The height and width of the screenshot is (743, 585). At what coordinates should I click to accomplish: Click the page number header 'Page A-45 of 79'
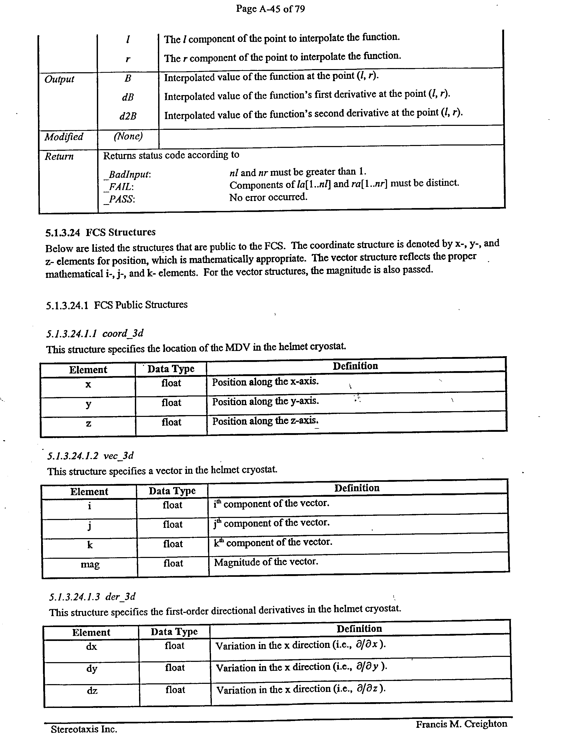(x=270, y=9)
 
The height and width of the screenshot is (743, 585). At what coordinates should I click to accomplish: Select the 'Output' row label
(x=59, y=79)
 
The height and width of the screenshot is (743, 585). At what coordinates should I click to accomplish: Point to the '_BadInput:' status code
(x=128, y=175)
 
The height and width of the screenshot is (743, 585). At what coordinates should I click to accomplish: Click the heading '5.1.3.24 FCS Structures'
(x=100, y=232)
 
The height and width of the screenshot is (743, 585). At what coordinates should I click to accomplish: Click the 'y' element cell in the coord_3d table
(x=88, y=404)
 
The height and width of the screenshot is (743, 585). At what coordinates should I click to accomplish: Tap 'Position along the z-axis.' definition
(x=266, y=421)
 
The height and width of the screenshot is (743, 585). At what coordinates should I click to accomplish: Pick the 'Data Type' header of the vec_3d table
(x=172, y=491)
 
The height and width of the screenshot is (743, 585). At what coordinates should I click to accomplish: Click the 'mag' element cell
(x=90, y=564)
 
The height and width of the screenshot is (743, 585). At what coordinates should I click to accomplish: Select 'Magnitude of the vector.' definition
(x=266, y=562)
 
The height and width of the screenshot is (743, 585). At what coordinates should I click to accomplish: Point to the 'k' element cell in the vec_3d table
(x=90, y=545)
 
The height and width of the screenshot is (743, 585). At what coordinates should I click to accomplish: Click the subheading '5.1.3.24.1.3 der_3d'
(x=92, y=597)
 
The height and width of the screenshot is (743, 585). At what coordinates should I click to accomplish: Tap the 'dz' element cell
(x=92, y=690)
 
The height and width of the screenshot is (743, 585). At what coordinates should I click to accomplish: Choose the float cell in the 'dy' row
(x=175, y=667)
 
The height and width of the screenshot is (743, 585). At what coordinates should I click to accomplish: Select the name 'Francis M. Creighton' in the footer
(x=461, y=724)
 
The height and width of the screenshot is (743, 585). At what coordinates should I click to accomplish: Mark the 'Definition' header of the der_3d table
(x=359, y=629)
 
